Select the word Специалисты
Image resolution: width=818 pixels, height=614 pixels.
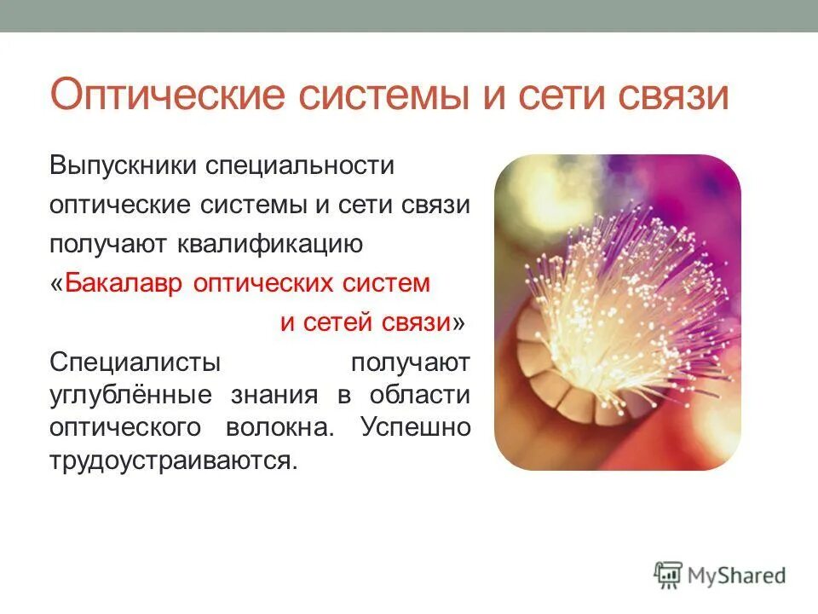point(135,362)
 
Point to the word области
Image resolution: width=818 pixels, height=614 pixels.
point(420,395)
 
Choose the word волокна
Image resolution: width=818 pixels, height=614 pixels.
point(292,426)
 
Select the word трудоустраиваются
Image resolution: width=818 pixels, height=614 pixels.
point(173,460)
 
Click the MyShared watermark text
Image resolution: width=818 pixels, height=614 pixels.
point(737,576)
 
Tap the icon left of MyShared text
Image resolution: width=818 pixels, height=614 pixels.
point(668,575)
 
